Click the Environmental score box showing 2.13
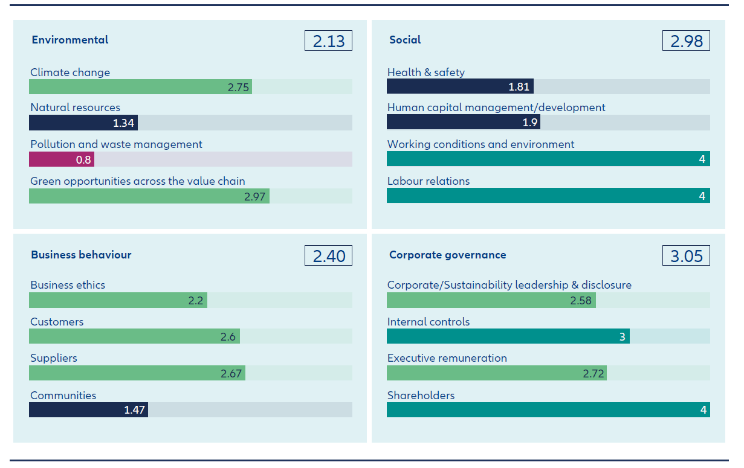[x=328, y=40]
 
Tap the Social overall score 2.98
[x=686, y=40]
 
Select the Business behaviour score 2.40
[x=328, y=255]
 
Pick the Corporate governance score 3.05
[x=686, y=255]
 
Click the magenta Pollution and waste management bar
[x=61, y=159]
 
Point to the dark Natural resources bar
[x=83, y=123]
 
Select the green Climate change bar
[x=140, y=87]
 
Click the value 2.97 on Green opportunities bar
[x=254, y=196]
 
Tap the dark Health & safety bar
[x=459, y=87]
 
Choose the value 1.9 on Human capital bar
[x=529, y=123]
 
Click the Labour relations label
[x=429, y=181]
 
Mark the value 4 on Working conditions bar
[x=702, y=159]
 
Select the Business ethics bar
[x=118, y=300]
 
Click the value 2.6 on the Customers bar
[x=228, y=337]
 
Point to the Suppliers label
[x=54, y=358]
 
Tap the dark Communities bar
[x=88, y=410]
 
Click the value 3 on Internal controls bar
[x=622, y=337]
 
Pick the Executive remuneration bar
[x=496, y=373]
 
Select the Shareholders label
[x=421, y=396]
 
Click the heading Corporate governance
[x=447, y=255]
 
